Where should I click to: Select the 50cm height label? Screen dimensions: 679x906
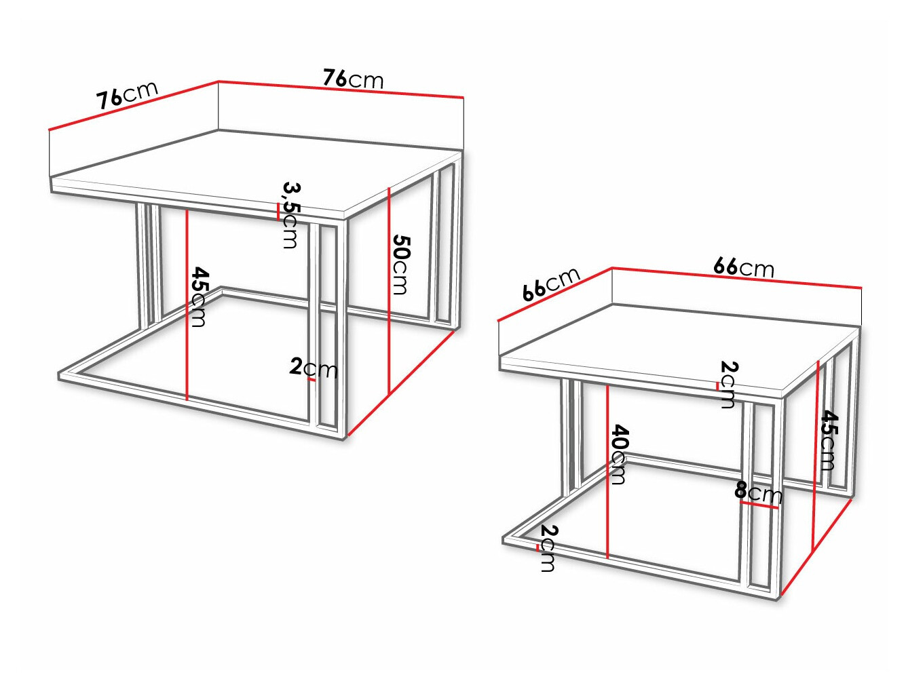(x=400, y=265)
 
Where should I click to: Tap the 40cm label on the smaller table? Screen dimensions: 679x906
(x=618, y=454)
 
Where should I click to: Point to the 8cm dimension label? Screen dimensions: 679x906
(x=758, y=492)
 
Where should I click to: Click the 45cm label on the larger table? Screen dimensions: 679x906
(x=198, y=296)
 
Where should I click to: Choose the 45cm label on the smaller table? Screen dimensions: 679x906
(x=829, y=440)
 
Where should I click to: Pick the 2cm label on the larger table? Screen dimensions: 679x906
(x=313, y=368)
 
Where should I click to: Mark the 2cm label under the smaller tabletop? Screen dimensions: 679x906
(x=727, y=384)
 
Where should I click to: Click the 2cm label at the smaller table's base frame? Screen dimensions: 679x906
(x=548, y=548)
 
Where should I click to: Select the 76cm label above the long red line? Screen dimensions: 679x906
(x=352, y=79)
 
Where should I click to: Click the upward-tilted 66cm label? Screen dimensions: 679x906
(x=551, y=284)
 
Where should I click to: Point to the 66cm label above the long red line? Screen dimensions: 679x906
(x=743, y=267)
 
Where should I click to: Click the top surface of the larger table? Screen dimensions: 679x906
(x=258, y=170)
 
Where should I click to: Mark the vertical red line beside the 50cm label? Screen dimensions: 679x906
(x=388, y=292)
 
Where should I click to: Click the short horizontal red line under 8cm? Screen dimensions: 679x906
(x=758, y=505)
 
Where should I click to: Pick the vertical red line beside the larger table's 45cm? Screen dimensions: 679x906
(x=186, y=305)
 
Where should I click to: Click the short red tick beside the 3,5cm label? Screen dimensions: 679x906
(x=278, y=212)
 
